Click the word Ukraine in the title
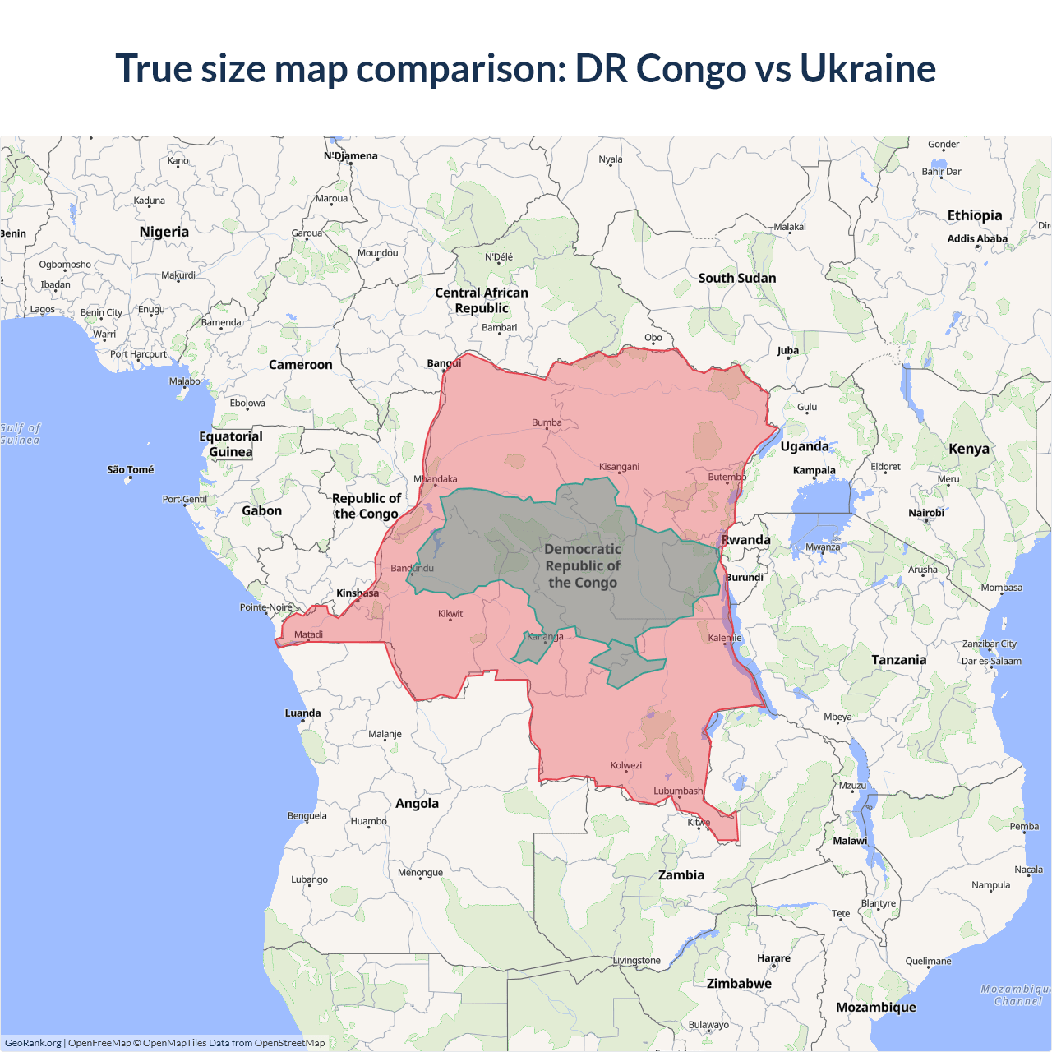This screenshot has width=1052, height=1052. pos(867,68)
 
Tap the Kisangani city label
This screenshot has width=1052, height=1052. pos(619,467)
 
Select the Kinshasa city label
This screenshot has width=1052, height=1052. pos(358,593)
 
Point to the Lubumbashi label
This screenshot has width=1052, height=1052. pos(678,791)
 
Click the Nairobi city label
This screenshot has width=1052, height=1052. pos(926,513)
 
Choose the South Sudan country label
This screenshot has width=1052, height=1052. pos(737,278)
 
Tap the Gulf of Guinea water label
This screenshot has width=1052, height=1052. pos(20,434)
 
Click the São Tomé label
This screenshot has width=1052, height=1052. pos(130,469)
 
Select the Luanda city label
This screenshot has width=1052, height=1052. pos(302,713)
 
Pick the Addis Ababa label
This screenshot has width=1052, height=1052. pos(977,238)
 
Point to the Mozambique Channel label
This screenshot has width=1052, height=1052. pos(1017,994)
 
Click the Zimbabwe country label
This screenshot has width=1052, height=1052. pos(739,983)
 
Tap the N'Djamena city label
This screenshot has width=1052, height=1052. pos(351,155)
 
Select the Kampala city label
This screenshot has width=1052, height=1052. pos(814,470)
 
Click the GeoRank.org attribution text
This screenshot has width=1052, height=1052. pos(33,1043)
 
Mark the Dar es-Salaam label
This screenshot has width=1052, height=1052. pos(991,661)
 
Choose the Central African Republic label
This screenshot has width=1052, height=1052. pos(482,300)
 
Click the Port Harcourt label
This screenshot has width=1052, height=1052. pos(138,354)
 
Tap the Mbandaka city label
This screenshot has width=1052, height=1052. pos(436,479)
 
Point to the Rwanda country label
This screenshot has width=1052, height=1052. pos(746,540)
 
